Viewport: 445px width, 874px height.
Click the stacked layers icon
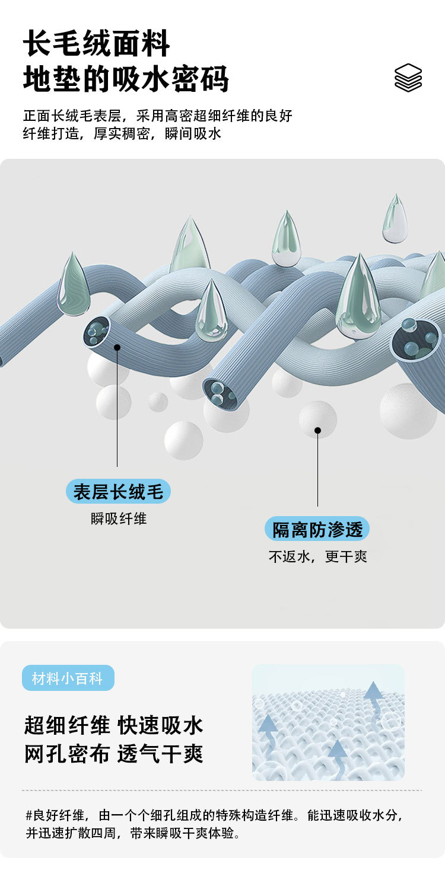(x=408, y=78)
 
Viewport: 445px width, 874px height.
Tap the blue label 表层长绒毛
(x=118, y=492)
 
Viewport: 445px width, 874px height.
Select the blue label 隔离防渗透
(x=317, y=529)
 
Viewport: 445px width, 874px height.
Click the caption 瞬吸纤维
(x=118, y=519)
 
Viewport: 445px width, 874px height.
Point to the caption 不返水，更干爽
(x=317, y=557)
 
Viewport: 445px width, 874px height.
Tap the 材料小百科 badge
(x=68, y=678)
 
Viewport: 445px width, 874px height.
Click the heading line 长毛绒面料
(x=97, y=45)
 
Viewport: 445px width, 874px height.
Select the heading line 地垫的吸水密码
(x=126, y=80)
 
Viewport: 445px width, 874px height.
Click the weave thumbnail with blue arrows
(x=328, y=722)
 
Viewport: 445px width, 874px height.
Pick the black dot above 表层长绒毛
(x=117, y=347)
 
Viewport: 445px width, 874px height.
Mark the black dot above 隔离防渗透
(x=317, y=430)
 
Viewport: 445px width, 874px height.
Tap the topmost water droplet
(x=395, y=219)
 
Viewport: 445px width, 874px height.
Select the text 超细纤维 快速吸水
(x=114, y=725)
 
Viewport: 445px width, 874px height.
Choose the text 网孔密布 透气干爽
(x=114, y=754)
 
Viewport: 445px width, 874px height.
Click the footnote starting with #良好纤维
(x=214, y=824)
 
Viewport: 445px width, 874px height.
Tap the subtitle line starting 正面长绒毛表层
(x=158, y=116)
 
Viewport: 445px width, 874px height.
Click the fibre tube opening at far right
(x=415, y=339)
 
